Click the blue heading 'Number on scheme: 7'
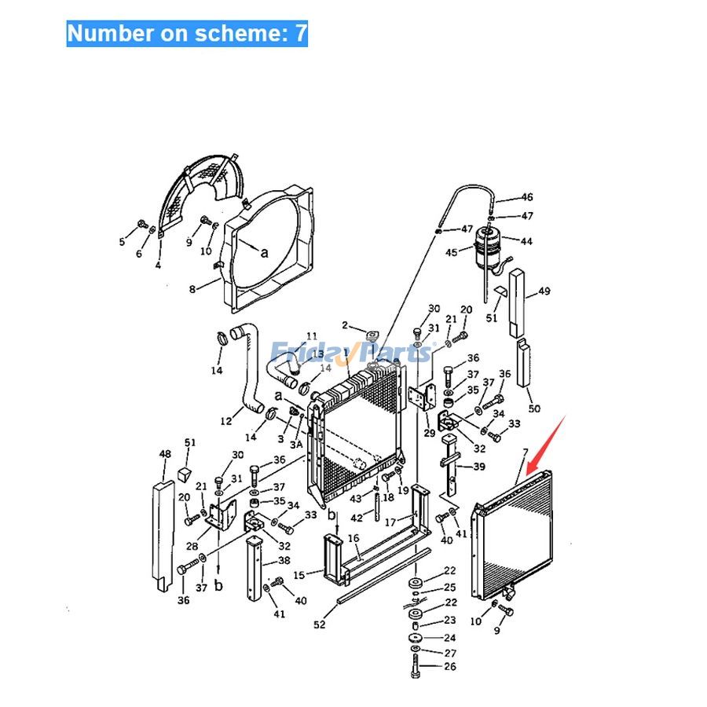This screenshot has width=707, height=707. (187, 34)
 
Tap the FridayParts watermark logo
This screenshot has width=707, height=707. (350, 351)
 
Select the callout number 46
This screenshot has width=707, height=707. (526, 197)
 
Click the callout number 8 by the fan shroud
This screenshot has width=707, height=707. (192, 290)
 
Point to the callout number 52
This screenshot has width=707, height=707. (320, 625)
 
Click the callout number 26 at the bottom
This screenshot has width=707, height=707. (449, 667)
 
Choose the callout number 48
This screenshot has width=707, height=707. (165, 454)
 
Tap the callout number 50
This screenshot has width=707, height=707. (534, 408)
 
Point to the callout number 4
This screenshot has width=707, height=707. (158, 266)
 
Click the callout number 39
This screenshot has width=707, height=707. (478, 467)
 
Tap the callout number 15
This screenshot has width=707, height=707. (299, 575)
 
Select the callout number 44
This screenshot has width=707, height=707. (526, 241)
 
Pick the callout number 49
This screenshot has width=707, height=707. (544, 291)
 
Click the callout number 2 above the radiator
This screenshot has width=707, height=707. (344, 324)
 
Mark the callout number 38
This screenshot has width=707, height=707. (284, 561)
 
